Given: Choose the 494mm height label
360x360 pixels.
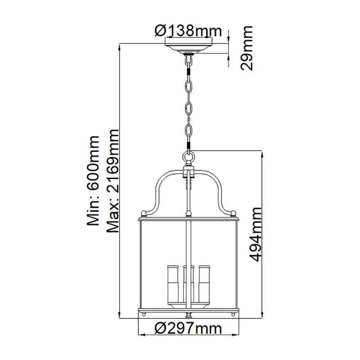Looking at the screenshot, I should click(x=256, y=234).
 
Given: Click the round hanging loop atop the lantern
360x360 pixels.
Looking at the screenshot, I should click(x=189, y=158).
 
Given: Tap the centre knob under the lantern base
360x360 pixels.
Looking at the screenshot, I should click(x=189, y=315).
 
